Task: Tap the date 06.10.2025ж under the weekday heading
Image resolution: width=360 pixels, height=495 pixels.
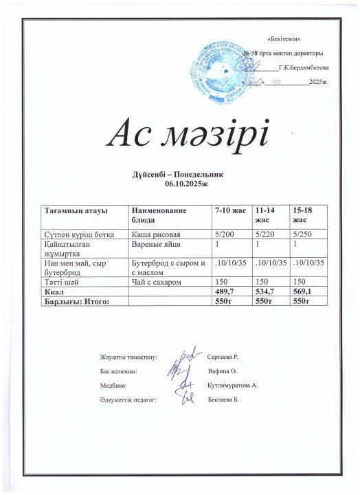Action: [x=182, y=184]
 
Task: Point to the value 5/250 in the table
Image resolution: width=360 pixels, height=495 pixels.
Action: [x=303, y=234]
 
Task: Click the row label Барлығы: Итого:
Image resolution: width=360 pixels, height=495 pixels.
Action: [x=76, y=300]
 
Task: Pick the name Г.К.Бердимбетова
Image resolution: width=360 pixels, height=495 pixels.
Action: [x=304, y=68]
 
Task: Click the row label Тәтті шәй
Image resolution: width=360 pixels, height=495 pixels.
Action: [x=60, y=282]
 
